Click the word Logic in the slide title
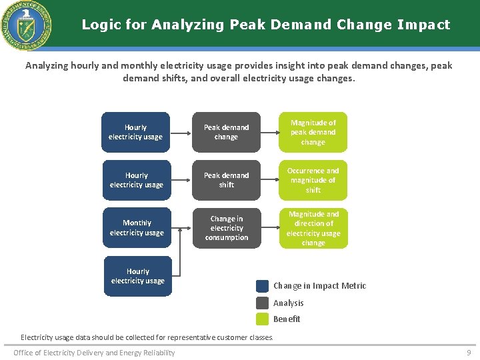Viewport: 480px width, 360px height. click(99, 25)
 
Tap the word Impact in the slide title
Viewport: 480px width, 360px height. click(423, 25)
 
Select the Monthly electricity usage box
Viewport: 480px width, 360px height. click(137, 228)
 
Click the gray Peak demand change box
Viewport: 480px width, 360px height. click(226, 132)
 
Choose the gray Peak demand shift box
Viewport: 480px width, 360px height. click(226, 180)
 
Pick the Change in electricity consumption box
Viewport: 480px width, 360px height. click(226, 228)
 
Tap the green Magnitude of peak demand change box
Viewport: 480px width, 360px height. click(313, 132)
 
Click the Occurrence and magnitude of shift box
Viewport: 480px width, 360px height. click(313, 180)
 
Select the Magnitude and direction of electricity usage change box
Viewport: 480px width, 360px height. click(313, 228)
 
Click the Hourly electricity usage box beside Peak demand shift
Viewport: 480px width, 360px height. click(137, 180)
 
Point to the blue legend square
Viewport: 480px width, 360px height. click(262, 286)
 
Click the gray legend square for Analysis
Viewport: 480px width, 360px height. click(262, 303)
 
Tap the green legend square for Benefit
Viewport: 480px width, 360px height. click(262, 319)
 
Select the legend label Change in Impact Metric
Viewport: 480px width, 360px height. click(319, 286)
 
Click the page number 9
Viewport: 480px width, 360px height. click(468, 353)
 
